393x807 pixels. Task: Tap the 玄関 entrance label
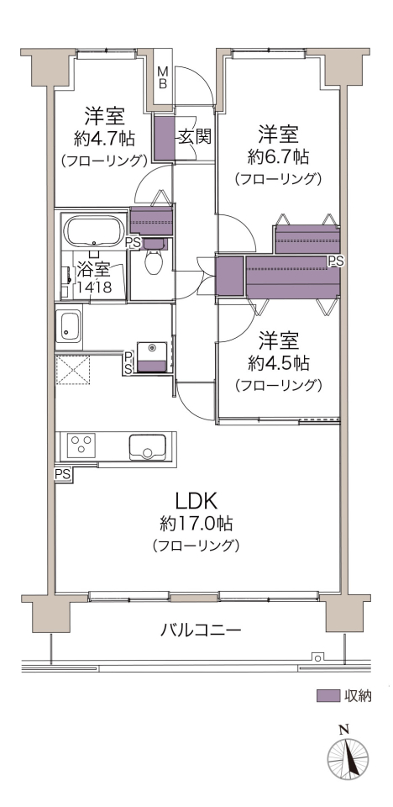click(195, 136)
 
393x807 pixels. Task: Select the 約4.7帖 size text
click(105, 137)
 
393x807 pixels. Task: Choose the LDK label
click(198, 499)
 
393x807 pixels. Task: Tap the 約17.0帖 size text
click(196, 524)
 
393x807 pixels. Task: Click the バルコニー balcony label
click(201, 629)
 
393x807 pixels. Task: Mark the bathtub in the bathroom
click(92, 232)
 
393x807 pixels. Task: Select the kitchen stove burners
click(82, 444)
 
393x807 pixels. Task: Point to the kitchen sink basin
click(148, 446)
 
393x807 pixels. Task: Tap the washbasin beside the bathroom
click(68, 327)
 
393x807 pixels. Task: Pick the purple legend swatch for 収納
click(327, 696)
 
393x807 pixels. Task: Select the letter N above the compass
click(343, 729)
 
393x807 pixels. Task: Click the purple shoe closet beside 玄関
click(164, 139)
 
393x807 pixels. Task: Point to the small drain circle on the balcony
click(318, 657)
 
